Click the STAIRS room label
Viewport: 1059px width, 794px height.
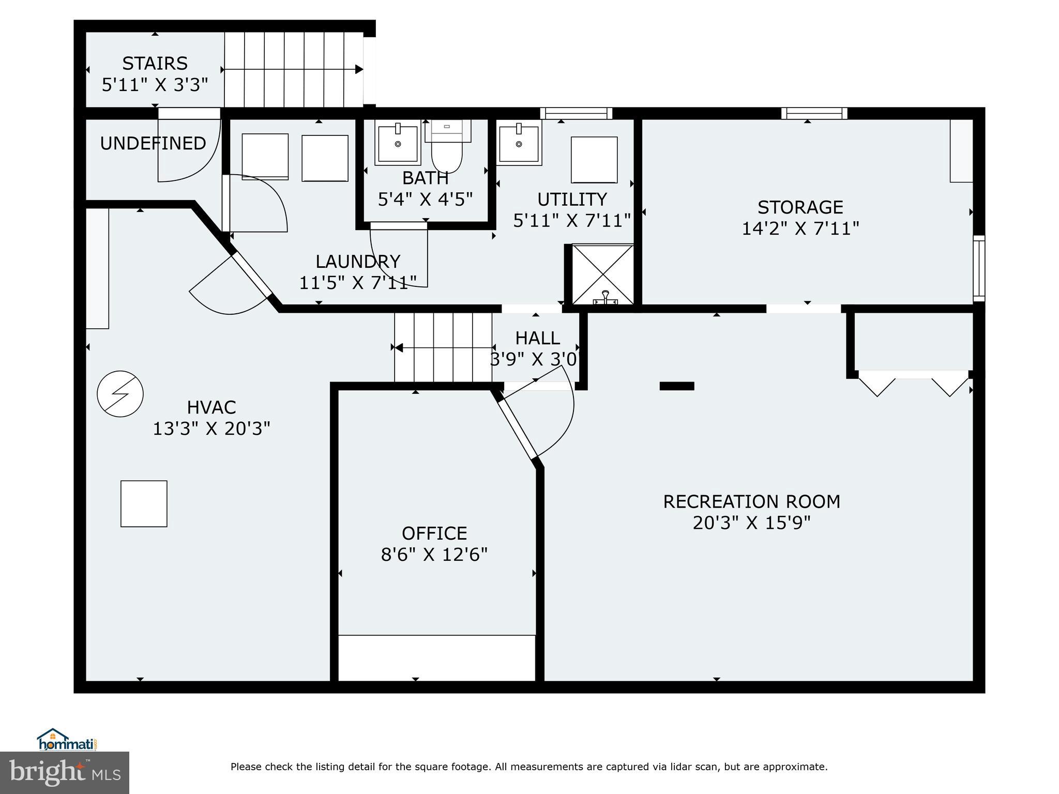(x=155, y=64)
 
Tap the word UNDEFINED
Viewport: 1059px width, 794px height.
(x=153, y=143)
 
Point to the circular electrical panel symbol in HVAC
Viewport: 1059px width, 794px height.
(x=120, y=394)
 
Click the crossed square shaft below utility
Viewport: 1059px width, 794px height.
(x=603, y=274)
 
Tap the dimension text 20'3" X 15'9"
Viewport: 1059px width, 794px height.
(x=751, y=523)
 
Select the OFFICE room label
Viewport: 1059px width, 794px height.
(x=434, y=533)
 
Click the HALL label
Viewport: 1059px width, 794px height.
(x=537, y=338)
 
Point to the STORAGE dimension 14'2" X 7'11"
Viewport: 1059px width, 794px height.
(x=800, y=228)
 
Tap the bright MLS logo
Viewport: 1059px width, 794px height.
(x=65, y=773)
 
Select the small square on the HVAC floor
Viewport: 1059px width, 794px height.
(x=144, y=503)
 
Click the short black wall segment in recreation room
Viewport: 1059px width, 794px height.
(x=676, y=386)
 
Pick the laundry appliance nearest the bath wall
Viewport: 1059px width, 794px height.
(x=325, y=158)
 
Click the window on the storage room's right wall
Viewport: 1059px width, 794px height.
(x=979, y=268)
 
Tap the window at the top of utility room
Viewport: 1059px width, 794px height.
(x=576, y=113)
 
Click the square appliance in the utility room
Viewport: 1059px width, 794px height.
(x=594, y=160)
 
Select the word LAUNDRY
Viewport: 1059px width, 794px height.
(x=358, y=262)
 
